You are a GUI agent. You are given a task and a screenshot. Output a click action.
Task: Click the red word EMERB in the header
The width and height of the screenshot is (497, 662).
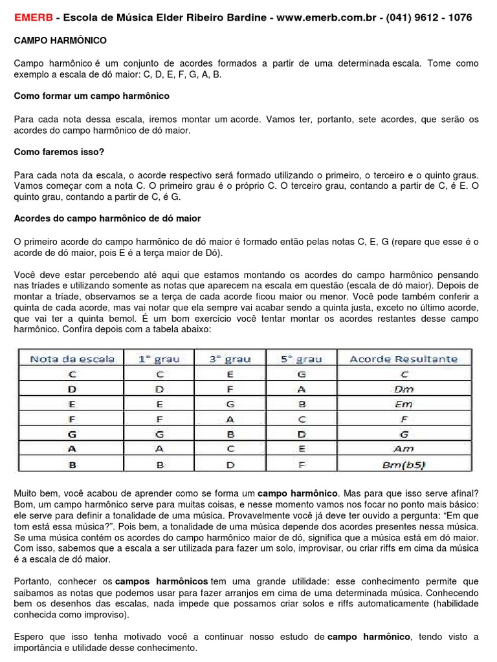pyautogui.click(x=33, y=17)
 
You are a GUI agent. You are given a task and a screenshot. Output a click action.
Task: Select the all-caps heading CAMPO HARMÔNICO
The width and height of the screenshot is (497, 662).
pyautogui.click(x=61, y=41)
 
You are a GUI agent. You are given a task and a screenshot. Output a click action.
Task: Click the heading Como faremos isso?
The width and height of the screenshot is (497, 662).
pyautogui.click(x=59, y=152)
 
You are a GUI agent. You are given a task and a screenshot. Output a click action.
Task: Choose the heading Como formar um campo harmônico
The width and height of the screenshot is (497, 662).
pyautogui.click(x=92, y=96)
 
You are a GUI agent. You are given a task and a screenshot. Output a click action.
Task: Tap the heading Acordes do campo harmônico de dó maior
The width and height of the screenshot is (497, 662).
pyautogui.click(x=107, y=219)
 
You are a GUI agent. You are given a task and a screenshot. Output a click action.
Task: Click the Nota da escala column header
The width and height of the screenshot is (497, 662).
pyautogui.click(x=72, y=359)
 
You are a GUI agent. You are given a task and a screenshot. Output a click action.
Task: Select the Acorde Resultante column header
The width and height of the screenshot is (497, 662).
pyautogui.click(x=403, y=359)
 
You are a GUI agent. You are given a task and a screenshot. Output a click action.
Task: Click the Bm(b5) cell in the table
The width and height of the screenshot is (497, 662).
pyautogui.click(x=403, y=464)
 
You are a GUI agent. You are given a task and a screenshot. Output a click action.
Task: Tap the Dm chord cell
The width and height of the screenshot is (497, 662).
pyautogui.click(x=403, y=389)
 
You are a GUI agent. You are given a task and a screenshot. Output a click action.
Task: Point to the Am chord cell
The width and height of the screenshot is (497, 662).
pyautogui.click(x=403, y=449)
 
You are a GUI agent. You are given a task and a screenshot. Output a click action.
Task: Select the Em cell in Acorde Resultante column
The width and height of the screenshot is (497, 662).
pyautogui.click(x=403, y=404)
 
